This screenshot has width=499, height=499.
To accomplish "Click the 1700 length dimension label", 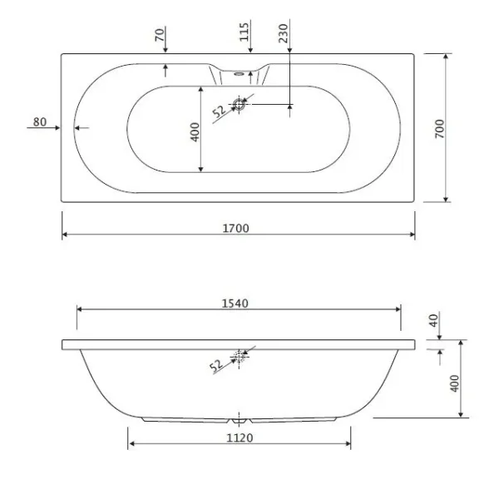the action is pos(235,228).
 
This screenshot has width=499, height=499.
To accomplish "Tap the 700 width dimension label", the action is pos(439,128).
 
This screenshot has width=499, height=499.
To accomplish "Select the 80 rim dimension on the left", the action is pos(40,121).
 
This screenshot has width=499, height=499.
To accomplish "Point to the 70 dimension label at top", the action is pos(160,34).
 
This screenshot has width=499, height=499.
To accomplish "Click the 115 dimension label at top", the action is pos(244,32).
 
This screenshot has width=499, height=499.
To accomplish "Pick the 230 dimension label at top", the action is pos(284,32).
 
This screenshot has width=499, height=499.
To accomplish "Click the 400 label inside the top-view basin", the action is pos(195,131).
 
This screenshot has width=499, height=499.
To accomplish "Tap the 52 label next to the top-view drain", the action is pos(219,111).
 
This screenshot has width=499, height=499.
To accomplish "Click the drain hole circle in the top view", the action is pos(239,104).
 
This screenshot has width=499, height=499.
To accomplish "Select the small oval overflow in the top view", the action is pos(239,74).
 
